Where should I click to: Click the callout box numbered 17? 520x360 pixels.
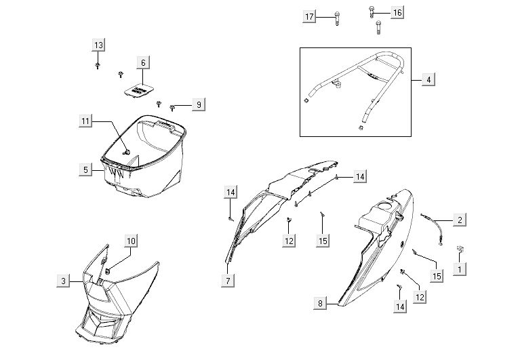pyautogui.click(x=309, y=16)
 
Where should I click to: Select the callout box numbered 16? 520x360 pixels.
pyautogui.click(x=397, y=13)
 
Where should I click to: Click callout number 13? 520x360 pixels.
pyautogui.click(x=98, y=45)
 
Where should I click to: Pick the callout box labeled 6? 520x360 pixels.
pyautogui.click(x=143, y=62)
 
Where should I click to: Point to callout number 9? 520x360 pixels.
pyautogui.click(x=199, y=104)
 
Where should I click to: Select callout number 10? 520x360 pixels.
pyautogui.click(x=131, y=241)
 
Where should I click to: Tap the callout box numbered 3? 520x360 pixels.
pyautogui.click(x=63, y=281)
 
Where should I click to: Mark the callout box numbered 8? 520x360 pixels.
pyautogui.click(x=320, y=303)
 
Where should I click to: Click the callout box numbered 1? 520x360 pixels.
pyautogui.click(x=460, y=269)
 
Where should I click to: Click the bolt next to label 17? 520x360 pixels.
pyautogui.click(x=337, y=18)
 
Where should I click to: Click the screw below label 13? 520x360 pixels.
pyautogui.click(x=98, y=65)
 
